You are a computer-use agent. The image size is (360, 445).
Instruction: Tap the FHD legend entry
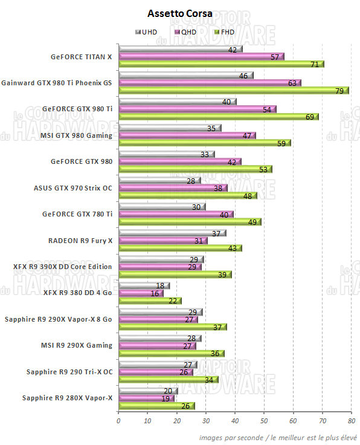tap(224, 31)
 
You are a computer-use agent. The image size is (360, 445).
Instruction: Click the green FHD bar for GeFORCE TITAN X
tap(221, 64)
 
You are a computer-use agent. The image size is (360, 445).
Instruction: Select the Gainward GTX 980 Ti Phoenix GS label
tap(57, 83)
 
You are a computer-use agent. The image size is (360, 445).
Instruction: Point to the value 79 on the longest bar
tap(339, 91)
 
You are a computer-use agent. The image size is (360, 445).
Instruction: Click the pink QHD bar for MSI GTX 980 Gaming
tap(187, 135)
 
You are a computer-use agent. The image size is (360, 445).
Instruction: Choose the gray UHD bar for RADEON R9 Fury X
tap(172, 233)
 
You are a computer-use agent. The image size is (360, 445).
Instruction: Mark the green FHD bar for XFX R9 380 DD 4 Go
tap(150, 300)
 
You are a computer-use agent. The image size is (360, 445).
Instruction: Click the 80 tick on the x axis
tap(351, 421)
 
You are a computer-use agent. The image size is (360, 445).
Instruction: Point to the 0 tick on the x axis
tap(119, 421)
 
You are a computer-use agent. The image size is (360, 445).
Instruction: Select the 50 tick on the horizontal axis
tap(264, 421)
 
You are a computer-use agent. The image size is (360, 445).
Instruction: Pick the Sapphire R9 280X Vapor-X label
tap(67, 398)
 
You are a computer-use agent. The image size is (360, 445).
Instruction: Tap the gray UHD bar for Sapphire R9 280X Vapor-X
tap(148, 391)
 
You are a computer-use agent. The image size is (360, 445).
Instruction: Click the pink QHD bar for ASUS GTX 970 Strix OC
tap(173, 187)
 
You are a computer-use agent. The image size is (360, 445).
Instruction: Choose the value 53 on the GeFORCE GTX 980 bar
tap(263, 169)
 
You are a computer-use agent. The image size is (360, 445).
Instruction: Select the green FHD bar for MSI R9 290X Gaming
tap(172, 353)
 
